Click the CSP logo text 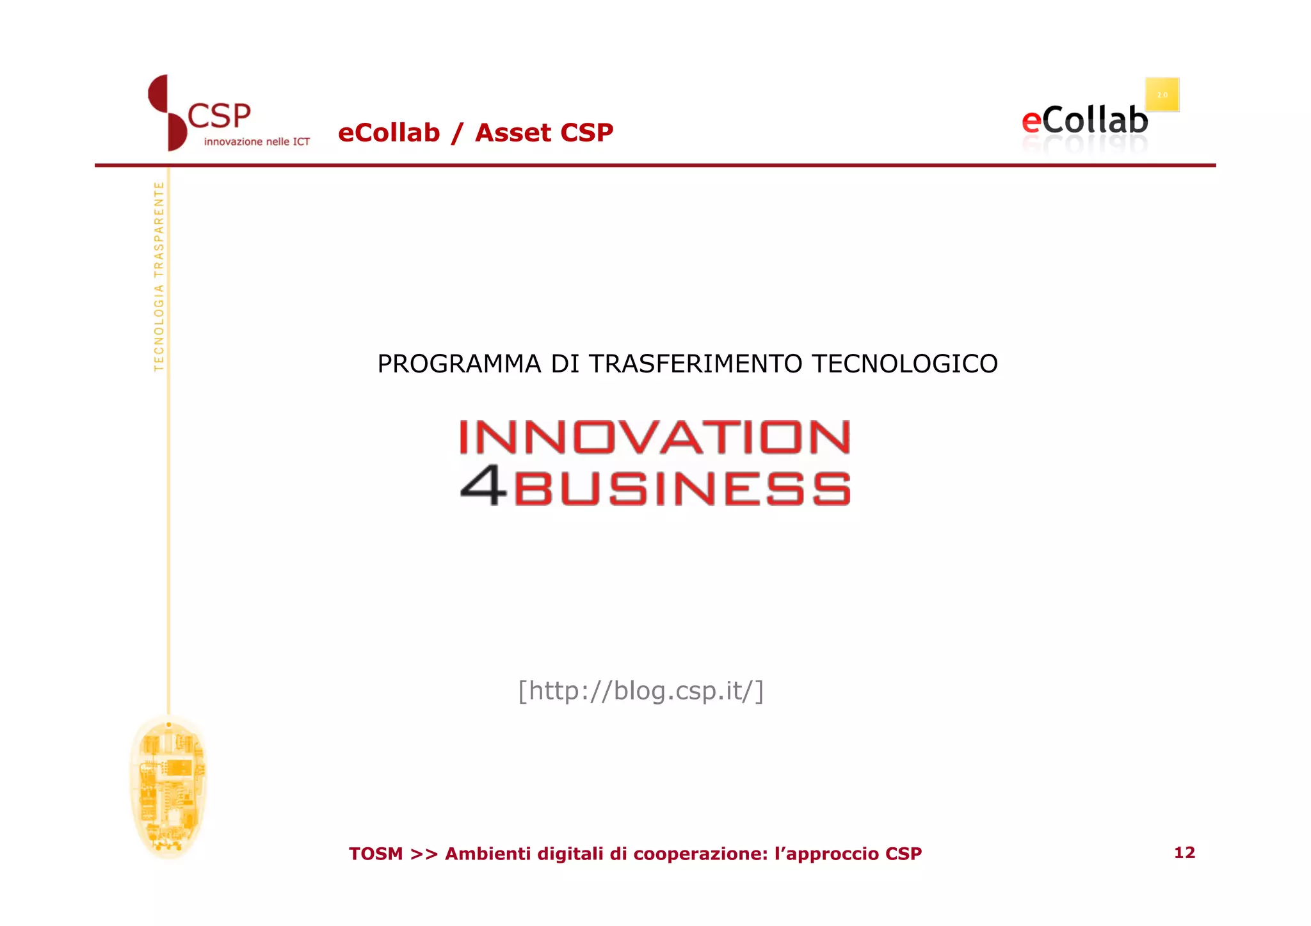(x=219, y=116)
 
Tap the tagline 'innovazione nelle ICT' (x=257, y=141)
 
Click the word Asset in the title (x=513, y=133)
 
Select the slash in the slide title (x=456, y=133)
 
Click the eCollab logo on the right (x=1084, y=121)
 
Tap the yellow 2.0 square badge (x=1162, y=95)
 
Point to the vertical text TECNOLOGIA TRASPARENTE (x=159, y=276)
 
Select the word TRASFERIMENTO (x=695, y=364)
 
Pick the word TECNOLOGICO (x=905, y=364)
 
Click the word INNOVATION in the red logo (x=655, y=437)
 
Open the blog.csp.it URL (x=641, y=691)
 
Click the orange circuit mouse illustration (x=168, y=786)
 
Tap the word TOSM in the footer (x=376, y=854)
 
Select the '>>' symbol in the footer (x=424, y=854)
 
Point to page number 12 (x=1184, y=852)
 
